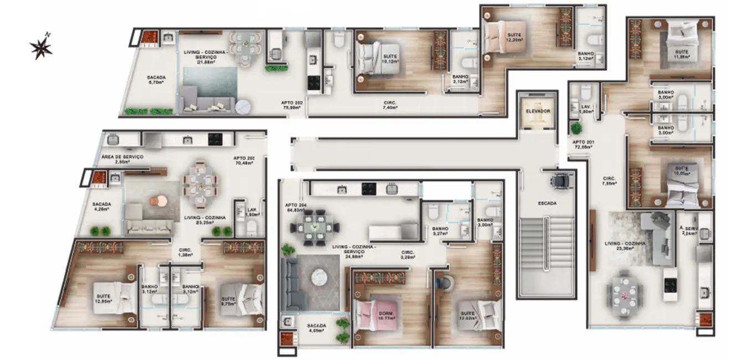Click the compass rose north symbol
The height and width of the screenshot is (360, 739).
pos(41,48)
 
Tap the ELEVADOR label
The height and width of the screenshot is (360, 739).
pos(537,111)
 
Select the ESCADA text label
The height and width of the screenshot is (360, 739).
pos(547,203)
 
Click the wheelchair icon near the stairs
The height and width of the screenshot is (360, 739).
pos(562,180)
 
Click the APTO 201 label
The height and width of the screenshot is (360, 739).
pos(583,145)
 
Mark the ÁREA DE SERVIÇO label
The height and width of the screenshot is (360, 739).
pos(122,159)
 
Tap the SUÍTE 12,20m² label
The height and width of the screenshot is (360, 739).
pos(515,38)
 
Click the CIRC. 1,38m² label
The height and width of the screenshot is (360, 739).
pos(184,253)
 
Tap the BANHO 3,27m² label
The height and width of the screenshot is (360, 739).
pos(441,232)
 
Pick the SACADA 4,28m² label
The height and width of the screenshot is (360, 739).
pos(101,207)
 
